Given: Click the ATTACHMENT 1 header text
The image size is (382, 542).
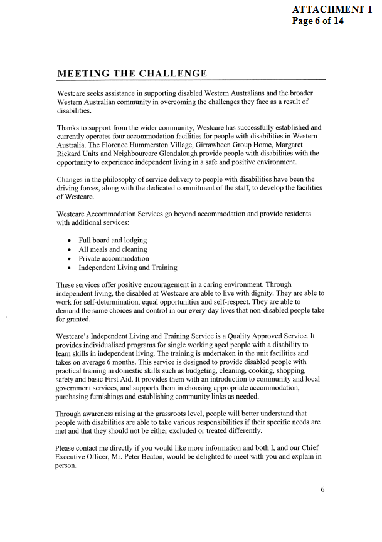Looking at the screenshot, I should [336, 9].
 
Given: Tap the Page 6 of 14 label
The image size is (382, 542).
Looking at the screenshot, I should [318, 21].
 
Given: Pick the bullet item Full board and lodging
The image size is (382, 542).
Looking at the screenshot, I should [113, 241].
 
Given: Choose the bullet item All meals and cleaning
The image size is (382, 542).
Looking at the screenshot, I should [113, 249].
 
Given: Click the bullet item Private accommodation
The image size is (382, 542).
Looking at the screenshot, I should [114, 258].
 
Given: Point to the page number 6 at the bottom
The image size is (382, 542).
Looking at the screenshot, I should [322, 490].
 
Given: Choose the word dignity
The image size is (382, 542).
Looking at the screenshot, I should [269, 293].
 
